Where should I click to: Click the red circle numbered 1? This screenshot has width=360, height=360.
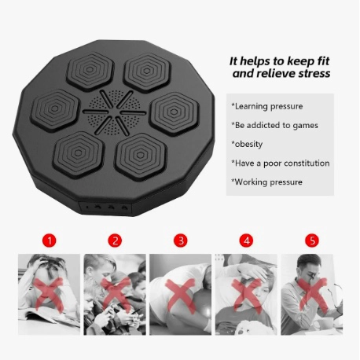[50, 240]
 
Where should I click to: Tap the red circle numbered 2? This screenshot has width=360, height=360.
[115, 240]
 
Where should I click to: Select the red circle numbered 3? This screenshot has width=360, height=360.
[181, 240]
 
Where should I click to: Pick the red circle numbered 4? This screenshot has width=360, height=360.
[247, 240]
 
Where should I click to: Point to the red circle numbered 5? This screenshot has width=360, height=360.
[312, 240]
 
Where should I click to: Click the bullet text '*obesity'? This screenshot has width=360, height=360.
[247, 144]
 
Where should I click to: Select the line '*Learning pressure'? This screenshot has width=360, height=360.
[267, 106]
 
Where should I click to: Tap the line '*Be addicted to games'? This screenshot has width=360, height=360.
[274, 125]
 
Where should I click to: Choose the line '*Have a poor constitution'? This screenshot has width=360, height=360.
[281, 163]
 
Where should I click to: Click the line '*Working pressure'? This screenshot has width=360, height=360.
[266, 182]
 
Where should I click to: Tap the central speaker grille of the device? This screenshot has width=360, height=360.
[114, 112]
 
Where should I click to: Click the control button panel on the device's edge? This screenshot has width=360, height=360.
[105, 208]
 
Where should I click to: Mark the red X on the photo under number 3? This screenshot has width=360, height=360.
[181, 296]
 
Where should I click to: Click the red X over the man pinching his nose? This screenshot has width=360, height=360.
[313, 295]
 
